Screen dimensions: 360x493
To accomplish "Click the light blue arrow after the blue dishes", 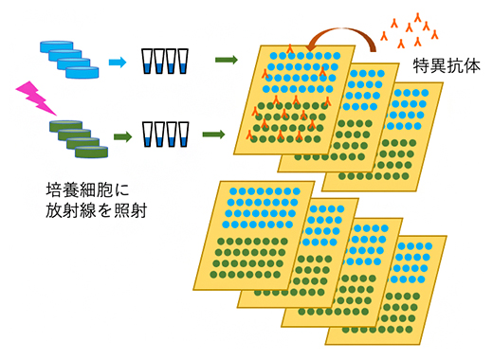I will (117, 62).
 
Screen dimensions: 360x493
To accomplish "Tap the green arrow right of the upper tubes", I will (225, 60).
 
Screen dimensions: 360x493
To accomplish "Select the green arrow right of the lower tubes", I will (225, 135).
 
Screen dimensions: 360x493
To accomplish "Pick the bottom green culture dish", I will (89, 151).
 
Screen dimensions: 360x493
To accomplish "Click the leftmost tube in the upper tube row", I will (147, 62).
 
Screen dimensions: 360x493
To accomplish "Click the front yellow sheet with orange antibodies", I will (284, 104).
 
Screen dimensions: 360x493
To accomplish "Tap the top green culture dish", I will (57, 124).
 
